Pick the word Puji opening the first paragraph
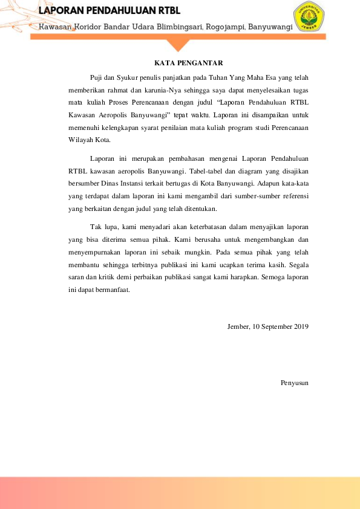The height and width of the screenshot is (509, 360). [x=96, y=79]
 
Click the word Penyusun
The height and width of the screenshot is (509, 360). [x=295, y=382]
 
